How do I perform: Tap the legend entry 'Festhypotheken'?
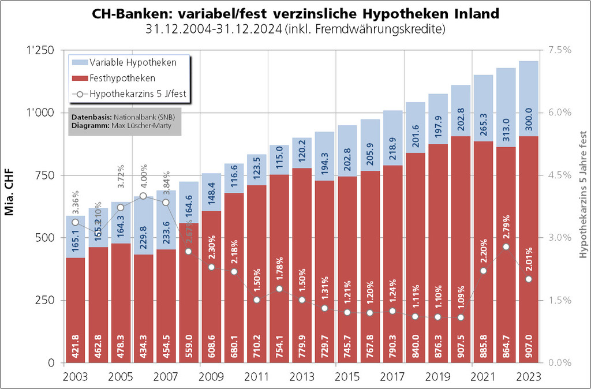click(x=122, y=78)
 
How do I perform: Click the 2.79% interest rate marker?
click(x=506, y=246)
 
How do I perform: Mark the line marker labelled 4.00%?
click(x=143, y=196)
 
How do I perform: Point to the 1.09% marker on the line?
click(x=461, y=317)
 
